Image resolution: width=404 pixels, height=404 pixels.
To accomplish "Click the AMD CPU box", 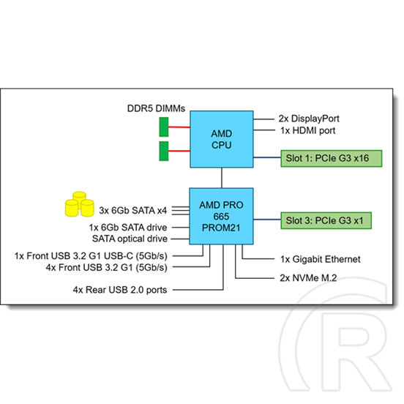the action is point(222,139).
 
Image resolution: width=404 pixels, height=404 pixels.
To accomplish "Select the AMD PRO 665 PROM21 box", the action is point(221,216).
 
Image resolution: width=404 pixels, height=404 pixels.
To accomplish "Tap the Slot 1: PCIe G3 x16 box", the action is point(332,158).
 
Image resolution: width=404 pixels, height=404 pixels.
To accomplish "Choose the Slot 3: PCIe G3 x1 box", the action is point(326,220).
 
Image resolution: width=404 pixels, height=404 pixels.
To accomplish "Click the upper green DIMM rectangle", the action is point(164,127).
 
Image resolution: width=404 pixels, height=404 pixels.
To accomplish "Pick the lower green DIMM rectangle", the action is point(164,151).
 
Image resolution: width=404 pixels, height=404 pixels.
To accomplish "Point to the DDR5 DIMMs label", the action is point(156,108).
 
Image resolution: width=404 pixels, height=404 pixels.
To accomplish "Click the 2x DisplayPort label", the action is point(309,119).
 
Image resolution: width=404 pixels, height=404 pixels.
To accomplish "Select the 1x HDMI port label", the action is point(308,130).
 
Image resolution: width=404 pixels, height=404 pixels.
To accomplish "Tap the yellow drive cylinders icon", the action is point(79,204).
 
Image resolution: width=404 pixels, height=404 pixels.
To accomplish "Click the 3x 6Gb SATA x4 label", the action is point(133,211).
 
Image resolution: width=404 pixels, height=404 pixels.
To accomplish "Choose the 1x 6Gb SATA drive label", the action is point(128,228).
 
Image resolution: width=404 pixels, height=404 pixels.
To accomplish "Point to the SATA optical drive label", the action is point(130,239).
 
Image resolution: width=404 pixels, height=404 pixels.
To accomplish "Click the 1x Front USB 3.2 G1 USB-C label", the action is point(91,256).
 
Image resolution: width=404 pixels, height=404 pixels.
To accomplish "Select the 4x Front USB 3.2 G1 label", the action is point(107,267).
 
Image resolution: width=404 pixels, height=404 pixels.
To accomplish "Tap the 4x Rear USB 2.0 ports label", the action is point(120,290).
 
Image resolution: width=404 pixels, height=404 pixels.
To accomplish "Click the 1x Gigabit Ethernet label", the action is point(321,259).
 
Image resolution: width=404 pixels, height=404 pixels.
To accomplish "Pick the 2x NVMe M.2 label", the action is point(308,278).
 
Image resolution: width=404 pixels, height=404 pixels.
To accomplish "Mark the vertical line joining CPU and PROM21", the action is point(222,178).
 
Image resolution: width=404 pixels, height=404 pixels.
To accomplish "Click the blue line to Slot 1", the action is point(267,157).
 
